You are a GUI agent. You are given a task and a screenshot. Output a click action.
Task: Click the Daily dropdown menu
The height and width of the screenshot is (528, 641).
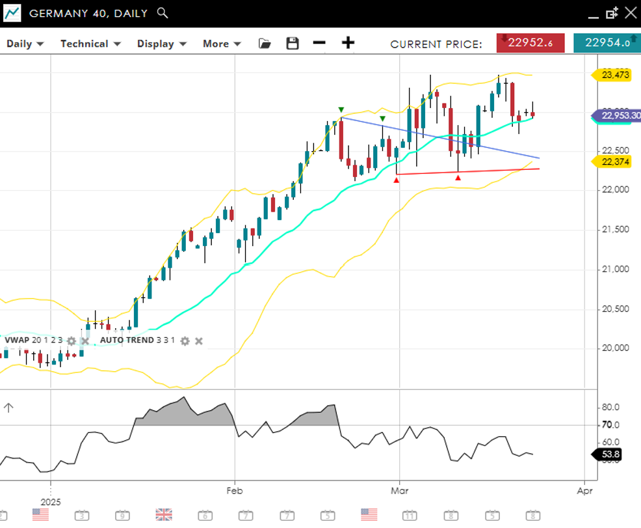pyautogui.click(x=25, y=44)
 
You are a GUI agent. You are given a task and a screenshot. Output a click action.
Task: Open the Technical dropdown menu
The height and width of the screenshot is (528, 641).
pyautogui.click(x=90, y=44)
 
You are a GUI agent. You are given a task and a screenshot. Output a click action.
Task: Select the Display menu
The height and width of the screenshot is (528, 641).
pyautogui.click(x=161, y=44)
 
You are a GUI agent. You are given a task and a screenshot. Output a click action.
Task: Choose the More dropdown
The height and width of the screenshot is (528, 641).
pyautogui.click(x=222, y=44)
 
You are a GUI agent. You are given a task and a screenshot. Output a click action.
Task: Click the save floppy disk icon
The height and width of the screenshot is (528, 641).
pyautogui.click(x=293, y=44)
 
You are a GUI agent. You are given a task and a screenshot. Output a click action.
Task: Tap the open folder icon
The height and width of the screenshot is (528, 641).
pyautogui.click(x=265, y=44)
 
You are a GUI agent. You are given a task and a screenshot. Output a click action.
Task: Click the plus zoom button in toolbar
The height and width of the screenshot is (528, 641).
pyautogui.click(x=348, y=43)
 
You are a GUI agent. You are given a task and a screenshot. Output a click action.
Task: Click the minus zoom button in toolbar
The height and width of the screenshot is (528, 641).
pyautogui.click(x=319, y=43)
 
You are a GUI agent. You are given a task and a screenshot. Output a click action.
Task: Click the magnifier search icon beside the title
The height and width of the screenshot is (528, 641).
pyautogui.click(x=163, y=13)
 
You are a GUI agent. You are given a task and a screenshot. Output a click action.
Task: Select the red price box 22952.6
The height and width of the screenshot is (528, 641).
pyautogui.click(x=530, y=43)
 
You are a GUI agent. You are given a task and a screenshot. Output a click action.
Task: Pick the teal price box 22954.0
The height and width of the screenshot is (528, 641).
pyautogui.click(x=607, y=43)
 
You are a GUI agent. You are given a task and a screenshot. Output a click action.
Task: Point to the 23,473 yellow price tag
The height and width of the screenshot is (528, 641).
pyautogui.click(x=614, y=75)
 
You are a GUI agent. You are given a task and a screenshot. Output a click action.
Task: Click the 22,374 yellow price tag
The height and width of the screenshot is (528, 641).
pyautogui.click(x=614, y=161)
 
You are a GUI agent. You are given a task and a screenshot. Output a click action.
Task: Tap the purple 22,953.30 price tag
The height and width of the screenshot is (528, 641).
pyautogui.click(x=618, y=116)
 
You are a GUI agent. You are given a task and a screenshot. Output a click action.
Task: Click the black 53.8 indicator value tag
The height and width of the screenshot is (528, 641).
pyautogui.click(x=610, y=454)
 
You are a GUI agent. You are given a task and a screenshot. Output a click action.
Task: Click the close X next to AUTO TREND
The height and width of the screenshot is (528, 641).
pyautogui.click(x=199, y=340)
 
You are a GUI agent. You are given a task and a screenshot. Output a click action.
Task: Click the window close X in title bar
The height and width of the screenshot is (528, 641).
pyautogui.click(x=630, y=12)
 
